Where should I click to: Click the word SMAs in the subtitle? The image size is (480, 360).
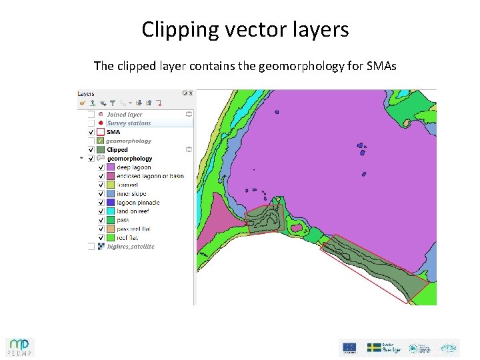[x=381, y=66]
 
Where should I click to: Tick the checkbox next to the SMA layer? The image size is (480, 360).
[x=91, y=132]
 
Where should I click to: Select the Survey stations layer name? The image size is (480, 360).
[x=129, y=123]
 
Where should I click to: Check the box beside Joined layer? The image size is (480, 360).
[x=91, y=115]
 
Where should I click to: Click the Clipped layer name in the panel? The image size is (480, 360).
[x=117, y=150]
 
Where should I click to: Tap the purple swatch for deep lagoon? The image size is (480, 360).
[x=110, y=167]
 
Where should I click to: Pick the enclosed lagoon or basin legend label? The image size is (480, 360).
[x=150, y=176]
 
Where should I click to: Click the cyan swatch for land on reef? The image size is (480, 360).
[x=110, y=211]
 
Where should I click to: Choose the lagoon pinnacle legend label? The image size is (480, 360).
[x=138, y=203]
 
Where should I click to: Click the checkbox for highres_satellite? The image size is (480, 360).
[x=91, y=247]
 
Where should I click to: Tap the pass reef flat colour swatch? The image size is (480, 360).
[x=110, y=229]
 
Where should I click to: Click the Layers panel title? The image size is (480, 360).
[x=86, y=94]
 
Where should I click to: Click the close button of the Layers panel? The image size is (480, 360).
[x=191, y=94]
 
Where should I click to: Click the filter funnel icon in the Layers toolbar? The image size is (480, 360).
[x=113, y=103]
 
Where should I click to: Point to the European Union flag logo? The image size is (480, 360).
[x=349, y=347]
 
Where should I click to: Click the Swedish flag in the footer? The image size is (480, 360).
[x=374, y=347]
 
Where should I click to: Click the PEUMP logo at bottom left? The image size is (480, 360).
[x=20, y=347]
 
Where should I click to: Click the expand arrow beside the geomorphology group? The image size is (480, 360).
[x=82, y=159]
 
